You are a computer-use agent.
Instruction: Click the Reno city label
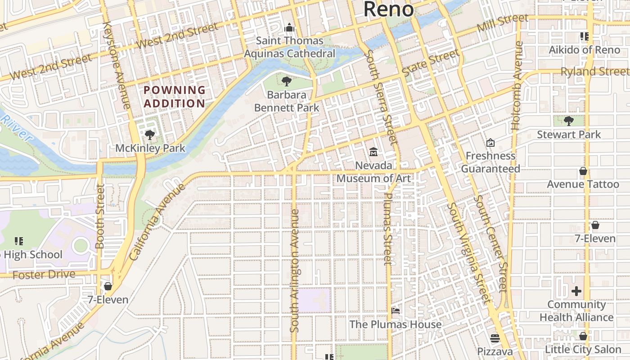[x=388, y=9]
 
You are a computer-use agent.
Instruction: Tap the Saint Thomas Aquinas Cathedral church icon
[x=289, y=28]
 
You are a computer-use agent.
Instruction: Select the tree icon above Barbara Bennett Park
[x=286, y=81]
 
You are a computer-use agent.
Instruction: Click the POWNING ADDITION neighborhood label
[x=175, y=96]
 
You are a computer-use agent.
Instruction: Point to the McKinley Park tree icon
[x=150, y=135]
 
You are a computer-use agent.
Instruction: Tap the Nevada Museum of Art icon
[x=373, y=152]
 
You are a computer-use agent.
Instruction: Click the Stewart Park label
[x=569, y=134]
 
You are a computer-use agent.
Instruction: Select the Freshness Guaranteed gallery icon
[x=490, y=143]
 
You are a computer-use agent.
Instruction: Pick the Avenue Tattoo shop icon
[x=583, y=171]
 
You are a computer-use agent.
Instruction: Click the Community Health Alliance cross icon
[x=576, y=291]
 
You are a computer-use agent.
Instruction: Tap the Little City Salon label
[x=583, y=349]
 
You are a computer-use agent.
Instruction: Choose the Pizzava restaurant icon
[x=495, y=338]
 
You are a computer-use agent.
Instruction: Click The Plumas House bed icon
[x=396, y=311]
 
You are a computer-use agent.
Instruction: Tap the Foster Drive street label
[x=44, y=274]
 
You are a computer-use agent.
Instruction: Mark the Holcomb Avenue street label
[x=517, y=85]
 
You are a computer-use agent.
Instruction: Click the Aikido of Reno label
[x=584, y=49]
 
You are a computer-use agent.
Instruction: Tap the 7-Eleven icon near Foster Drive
[x=108, y=286]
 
